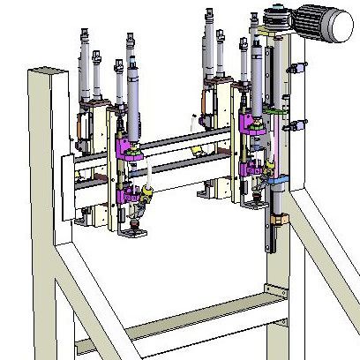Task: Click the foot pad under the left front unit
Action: coord(135,234)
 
